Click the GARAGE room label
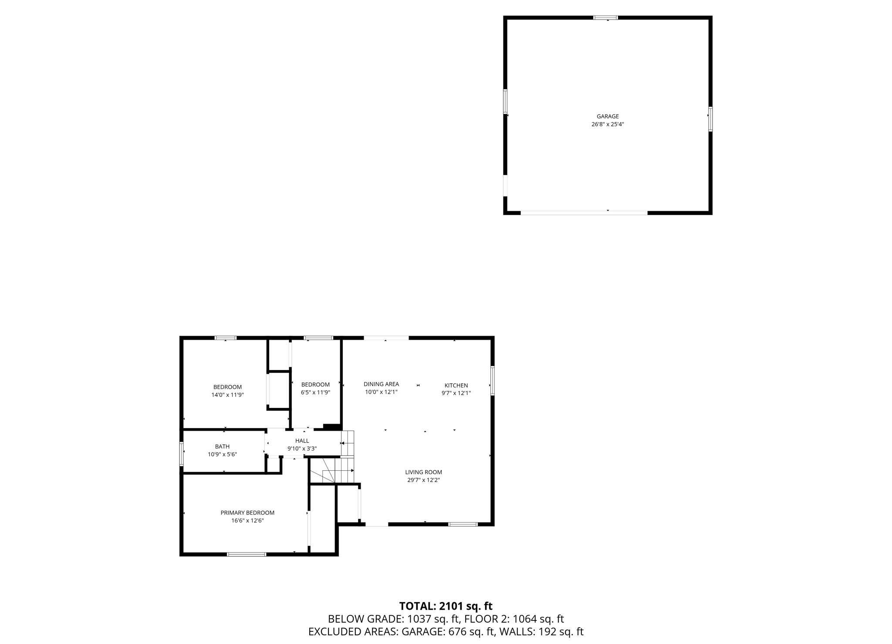(x=608, y=116)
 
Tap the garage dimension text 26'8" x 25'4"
(x=608, y=124)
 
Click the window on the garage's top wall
(x=605, y=18)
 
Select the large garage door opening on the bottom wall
(x=584, y=213)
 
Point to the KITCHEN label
(x=456, y=385)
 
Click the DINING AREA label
(x=381, y=384)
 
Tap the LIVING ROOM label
(x=423, y=472)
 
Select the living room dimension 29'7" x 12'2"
(x=423, y=480)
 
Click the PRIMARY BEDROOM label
(x=247, y=513)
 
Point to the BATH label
(x=222, y=446)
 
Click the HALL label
(x=302, y=441)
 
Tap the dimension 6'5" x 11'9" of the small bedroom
(x=315, y=392)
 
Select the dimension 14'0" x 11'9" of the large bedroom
(x=227, y=395)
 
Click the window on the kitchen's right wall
(x=493, y=381)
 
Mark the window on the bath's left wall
(x=182, y=454)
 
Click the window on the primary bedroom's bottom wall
(x=247, y=554)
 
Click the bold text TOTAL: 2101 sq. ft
(x=446, y=606)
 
